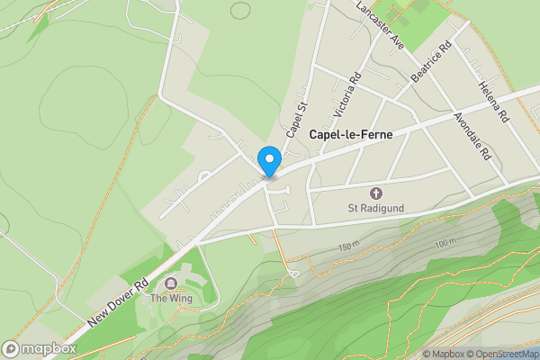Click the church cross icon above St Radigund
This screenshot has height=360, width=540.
(x=376, y=193)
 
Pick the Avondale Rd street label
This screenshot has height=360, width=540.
(x=472, y=135)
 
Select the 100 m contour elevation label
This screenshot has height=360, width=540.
(x=445, y=243)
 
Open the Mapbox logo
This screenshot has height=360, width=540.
(x=40, y=348)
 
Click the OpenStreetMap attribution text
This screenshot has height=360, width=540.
(x=501, y=354)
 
